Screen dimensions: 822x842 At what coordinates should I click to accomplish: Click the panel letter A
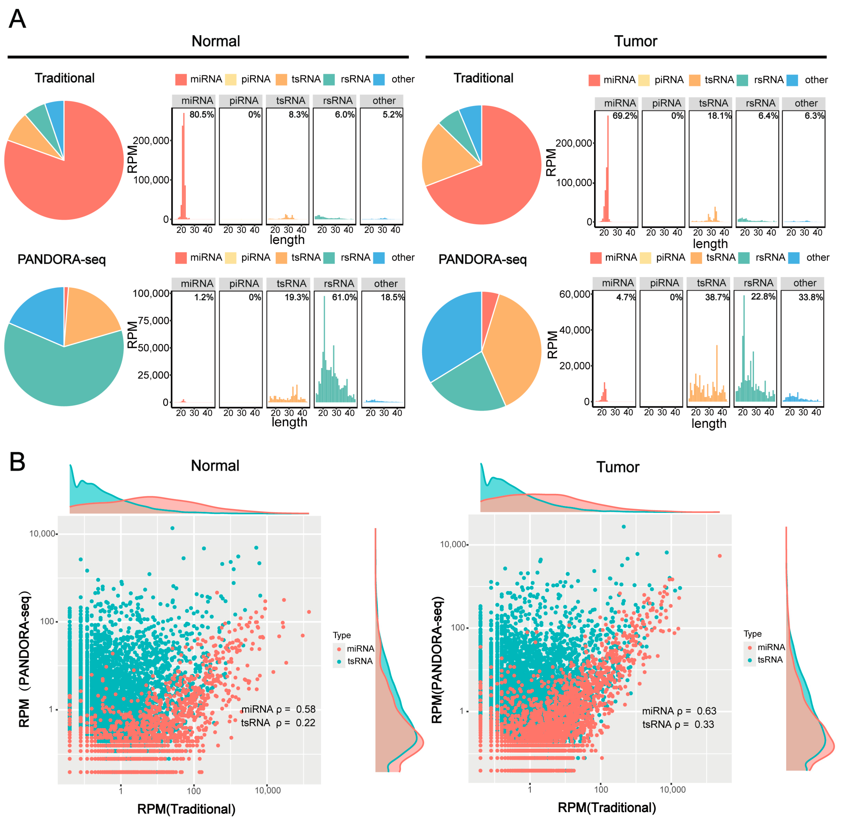pyautogui.click(x=17, y=19)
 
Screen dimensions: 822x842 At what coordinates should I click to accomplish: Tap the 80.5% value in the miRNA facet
pyautogui.click(x=202, y=114)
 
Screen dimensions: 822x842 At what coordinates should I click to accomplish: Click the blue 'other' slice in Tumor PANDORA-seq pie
pyautogui.click(x=449, y=337)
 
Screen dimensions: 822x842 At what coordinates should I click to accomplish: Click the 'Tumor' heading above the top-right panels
pyautogui.click(x=636, y=41)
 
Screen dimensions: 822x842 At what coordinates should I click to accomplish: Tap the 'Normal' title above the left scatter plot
pyautogui.click(x=215, y=465)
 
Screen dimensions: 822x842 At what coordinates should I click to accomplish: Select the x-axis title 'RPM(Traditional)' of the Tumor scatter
pyautogui.click(x=607, y=807)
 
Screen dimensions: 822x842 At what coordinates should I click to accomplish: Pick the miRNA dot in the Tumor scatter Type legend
pyautogui.click(x=750, y=647)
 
